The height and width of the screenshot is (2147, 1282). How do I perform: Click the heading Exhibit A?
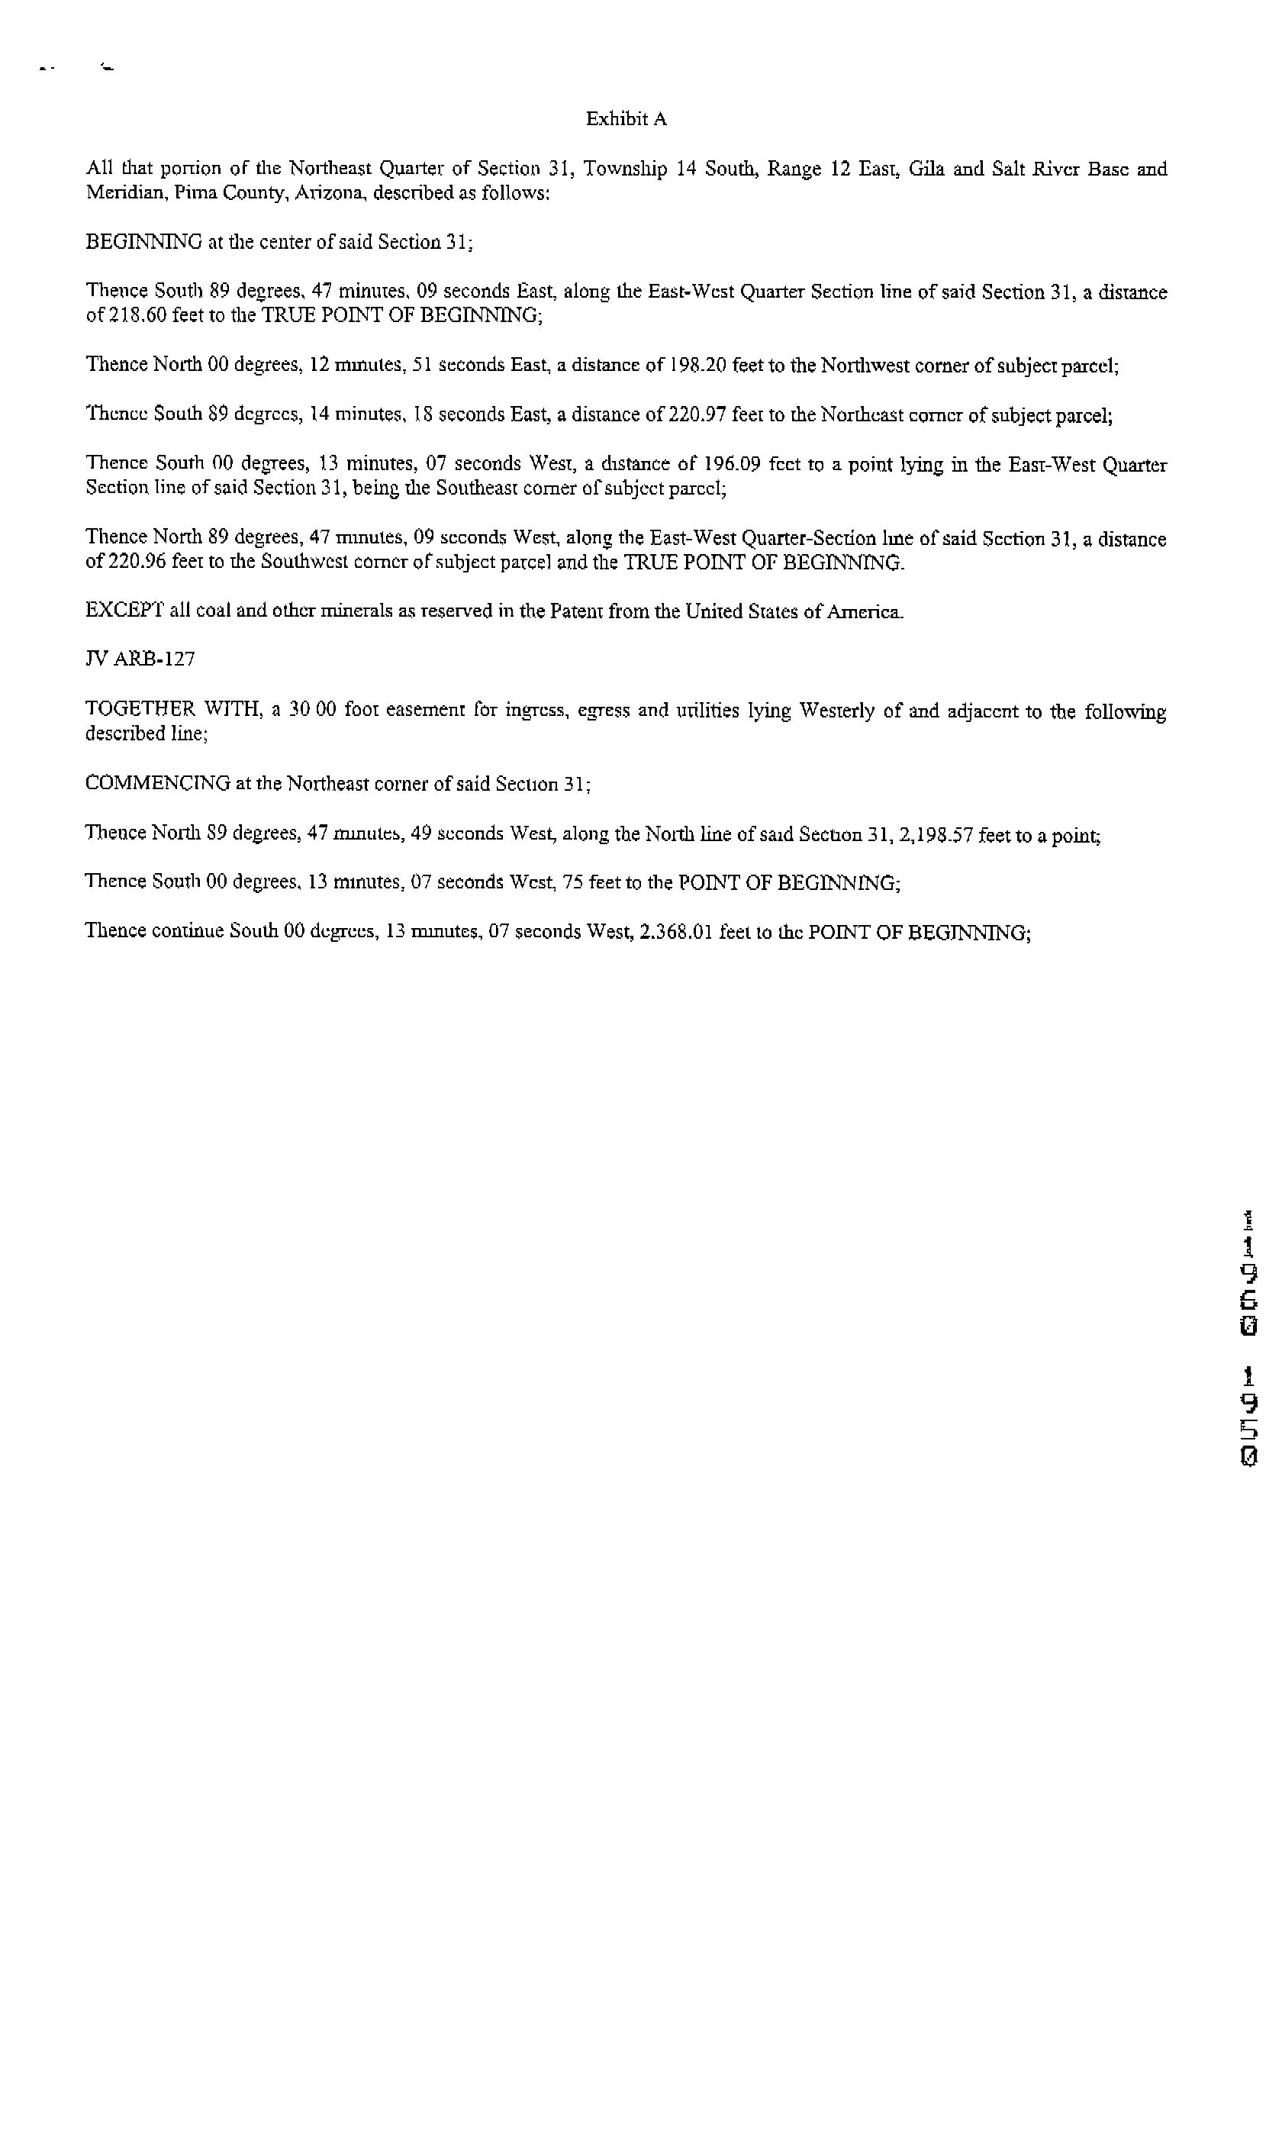click(627, 119)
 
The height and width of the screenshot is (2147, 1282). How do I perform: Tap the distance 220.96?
click(137, 563)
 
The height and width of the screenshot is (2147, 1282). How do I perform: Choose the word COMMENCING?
click(157, 784)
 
